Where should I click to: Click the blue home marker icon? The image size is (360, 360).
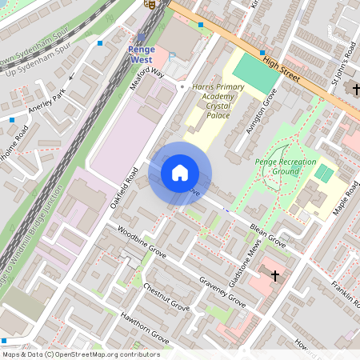tap(180, 173)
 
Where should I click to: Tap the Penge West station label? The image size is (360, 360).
tap(142, 54)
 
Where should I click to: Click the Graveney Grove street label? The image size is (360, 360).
tap(223, 292)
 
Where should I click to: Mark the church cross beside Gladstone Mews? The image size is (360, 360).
tap(275, 276)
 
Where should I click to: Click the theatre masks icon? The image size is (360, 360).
tap(148, 4)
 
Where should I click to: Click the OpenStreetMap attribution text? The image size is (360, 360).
tap(80, 354)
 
